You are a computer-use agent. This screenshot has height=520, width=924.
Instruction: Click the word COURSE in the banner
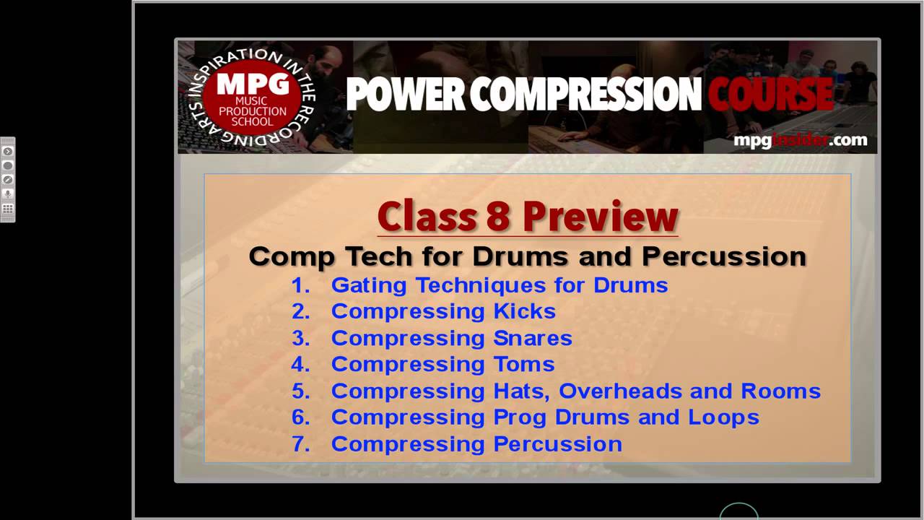770,95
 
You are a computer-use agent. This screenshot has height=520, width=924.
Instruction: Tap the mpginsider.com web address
800,140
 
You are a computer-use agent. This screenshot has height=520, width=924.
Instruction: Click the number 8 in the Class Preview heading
497,216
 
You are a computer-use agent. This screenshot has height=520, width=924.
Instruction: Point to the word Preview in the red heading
601,216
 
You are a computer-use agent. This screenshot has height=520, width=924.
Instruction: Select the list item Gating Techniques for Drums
499,285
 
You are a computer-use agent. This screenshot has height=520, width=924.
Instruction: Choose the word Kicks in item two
524,311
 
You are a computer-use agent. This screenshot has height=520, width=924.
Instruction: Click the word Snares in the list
533,338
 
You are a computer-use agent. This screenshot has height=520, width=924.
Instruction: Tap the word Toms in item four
524,364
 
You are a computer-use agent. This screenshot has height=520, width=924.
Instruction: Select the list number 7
300,444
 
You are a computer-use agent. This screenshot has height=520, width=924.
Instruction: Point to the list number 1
300,285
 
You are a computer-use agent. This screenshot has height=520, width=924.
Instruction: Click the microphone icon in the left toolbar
8,194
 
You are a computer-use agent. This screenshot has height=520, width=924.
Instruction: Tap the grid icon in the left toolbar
8,209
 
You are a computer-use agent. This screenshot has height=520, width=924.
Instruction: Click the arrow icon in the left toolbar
8,152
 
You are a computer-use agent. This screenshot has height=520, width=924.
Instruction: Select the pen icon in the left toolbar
8,180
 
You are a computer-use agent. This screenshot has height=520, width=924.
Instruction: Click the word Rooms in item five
781,391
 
